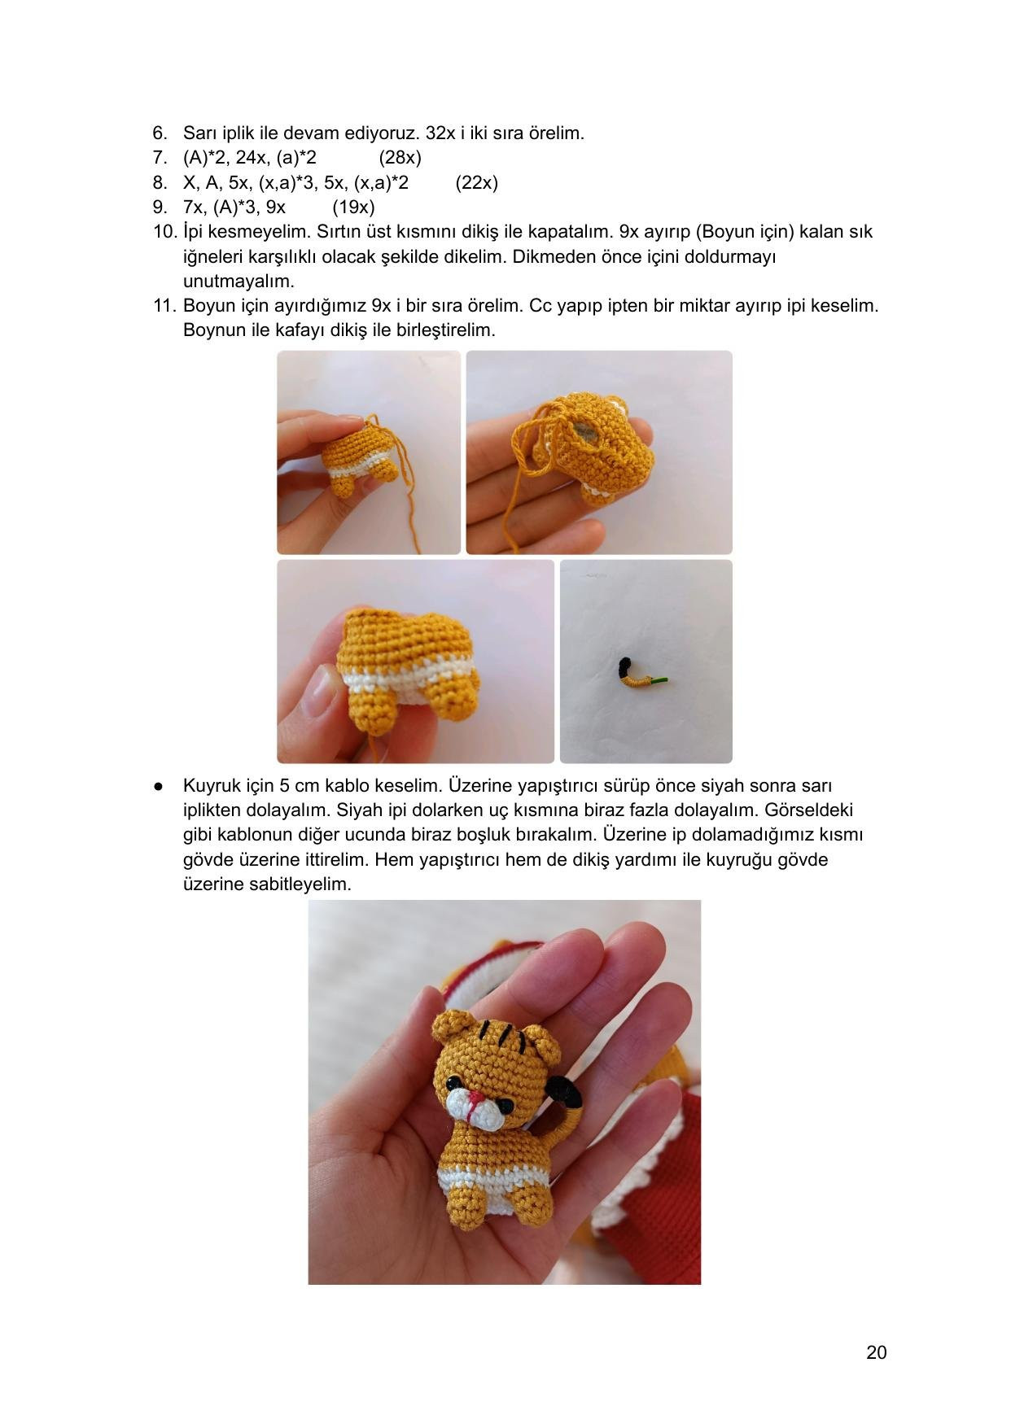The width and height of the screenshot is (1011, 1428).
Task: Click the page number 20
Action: tap(876, 1352)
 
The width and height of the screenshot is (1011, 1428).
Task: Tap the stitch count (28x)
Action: tap(400, 158)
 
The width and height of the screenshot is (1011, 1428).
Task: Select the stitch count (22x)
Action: tap(476, 182)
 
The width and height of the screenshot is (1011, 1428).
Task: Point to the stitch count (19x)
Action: tap(353, 207)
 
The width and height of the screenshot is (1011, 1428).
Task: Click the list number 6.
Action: tap(160, 133)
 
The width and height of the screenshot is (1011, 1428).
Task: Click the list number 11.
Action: tap(164, 306)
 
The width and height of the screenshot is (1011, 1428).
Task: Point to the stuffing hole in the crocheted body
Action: tap(584, 430)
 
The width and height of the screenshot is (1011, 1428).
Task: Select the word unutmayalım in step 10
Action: tap(239, 282)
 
